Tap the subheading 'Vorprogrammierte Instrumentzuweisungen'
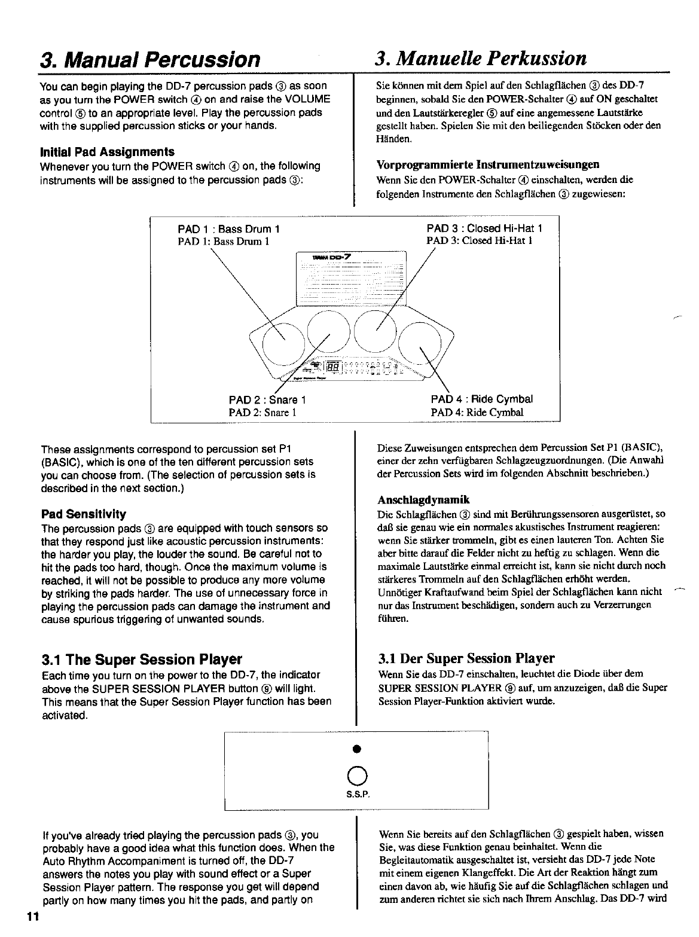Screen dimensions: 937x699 point(488,164)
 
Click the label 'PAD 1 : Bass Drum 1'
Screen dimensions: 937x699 point(229,230)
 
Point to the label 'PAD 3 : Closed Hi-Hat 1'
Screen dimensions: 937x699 point(484,229)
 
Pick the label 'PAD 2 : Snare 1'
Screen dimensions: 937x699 point(267,399)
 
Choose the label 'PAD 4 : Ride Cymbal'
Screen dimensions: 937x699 point(481,399)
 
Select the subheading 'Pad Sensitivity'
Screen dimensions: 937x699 point(83,514)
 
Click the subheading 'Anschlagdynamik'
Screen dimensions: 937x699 point(423,500)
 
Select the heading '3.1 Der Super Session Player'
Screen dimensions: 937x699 point(466,659)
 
